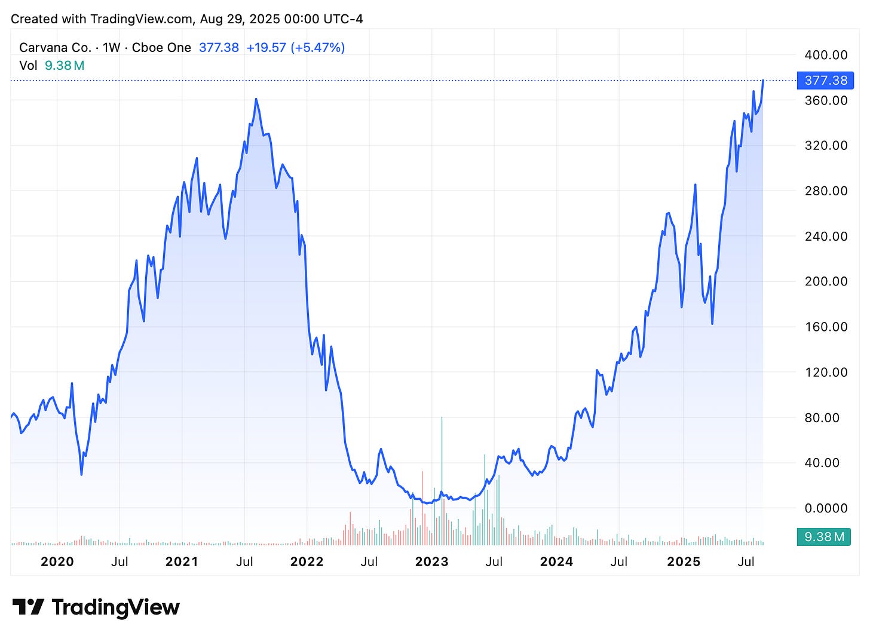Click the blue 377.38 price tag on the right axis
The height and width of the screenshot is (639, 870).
826,80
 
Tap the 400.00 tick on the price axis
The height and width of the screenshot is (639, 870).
826,55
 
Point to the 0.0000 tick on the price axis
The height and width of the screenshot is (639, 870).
826,508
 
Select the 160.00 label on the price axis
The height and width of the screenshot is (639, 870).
826,327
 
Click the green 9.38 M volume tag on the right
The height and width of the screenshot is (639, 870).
825,537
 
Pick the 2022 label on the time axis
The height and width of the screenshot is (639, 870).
307,562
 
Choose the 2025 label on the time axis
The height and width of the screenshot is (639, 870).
684,562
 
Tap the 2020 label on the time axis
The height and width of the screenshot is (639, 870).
57,562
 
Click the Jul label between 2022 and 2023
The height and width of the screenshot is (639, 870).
369,562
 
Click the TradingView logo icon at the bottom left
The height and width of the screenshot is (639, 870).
28,607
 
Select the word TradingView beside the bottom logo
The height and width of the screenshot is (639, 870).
116,607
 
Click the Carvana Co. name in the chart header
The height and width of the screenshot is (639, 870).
55,48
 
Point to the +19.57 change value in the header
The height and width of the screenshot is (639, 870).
266,48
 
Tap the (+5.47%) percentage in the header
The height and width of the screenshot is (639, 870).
318,48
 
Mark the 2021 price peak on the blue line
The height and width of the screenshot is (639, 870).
256,99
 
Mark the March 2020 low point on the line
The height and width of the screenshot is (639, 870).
82,474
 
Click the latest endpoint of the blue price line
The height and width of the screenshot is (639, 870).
763,80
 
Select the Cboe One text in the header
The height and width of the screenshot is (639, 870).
161,48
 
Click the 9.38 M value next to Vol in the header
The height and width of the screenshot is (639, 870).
65,66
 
